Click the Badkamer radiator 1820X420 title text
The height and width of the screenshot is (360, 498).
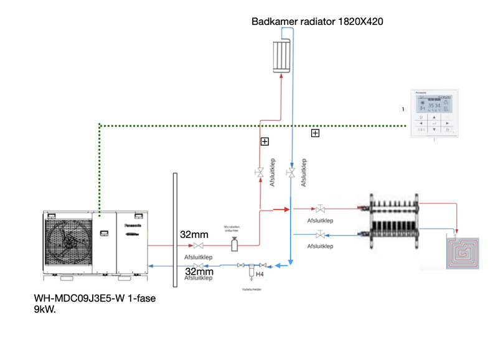pos(317,22)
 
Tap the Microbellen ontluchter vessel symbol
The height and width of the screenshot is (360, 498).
pos(234,245)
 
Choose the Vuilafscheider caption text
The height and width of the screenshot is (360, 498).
pos(251,290)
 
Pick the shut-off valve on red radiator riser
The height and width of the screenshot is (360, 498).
pos(259,173)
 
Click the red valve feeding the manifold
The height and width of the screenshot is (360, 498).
pos(320,209)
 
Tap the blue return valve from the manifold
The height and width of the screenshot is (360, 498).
pos(320,235)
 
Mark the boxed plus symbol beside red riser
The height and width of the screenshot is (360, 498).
pos(265,141)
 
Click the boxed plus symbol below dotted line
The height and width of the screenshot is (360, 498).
pos(315,133)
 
